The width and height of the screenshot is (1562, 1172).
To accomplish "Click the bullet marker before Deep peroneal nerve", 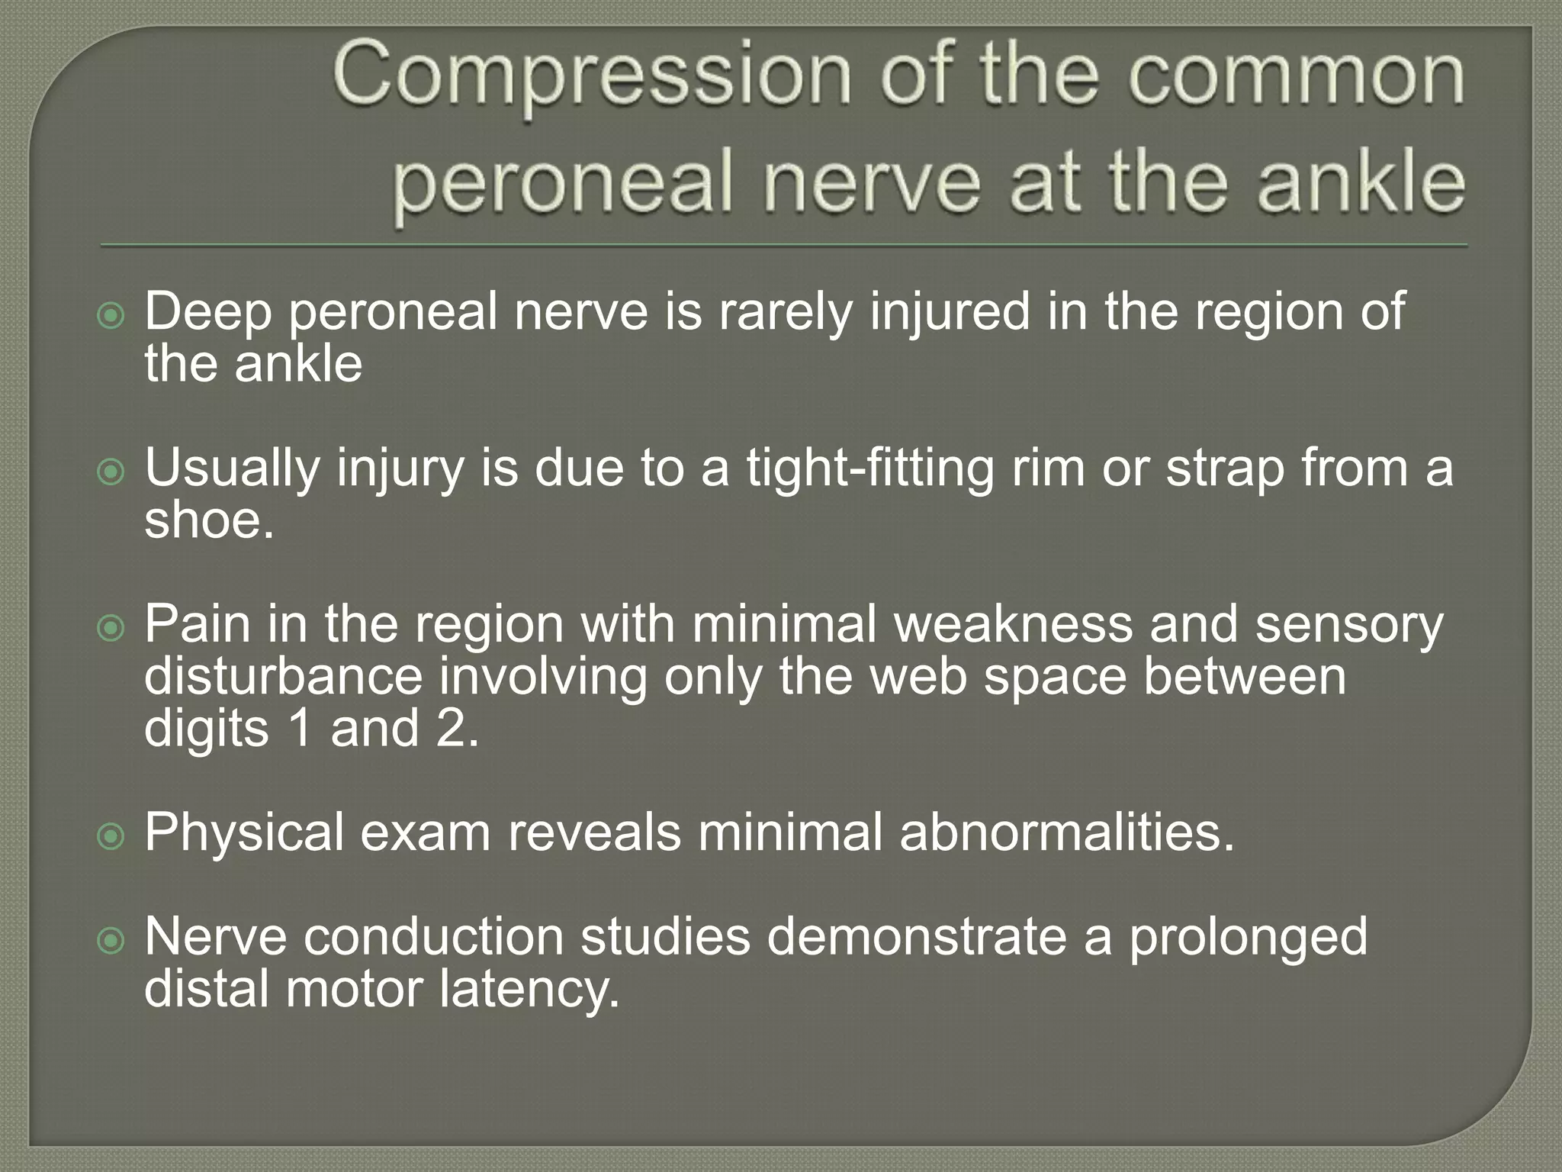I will coord(111,315).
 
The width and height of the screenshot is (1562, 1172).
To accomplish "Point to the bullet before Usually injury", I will coord(111,472).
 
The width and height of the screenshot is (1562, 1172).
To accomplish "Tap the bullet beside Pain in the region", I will coord(111,629).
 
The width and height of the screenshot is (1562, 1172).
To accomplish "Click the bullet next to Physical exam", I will coord(111,836).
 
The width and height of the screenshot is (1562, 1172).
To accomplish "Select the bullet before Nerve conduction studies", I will coord(111,941).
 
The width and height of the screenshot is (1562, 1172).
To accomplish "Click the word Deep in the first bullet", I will coord(208,312).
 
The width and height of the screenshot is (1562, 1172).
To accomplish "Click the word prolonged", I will coord(1248,937).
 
